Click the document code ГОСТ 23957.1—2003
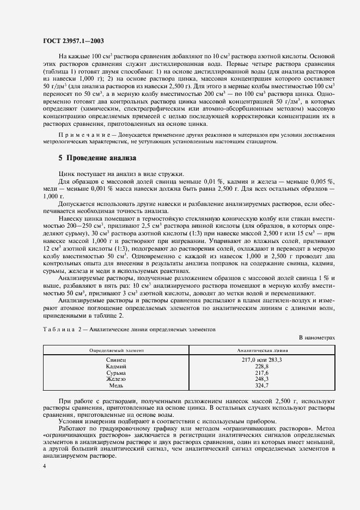click(x=74, y=40)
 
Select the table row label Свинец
click(x=116, y=361)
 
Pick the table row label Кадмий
click(x=116, y=367)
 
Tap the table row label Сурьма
click(x=116, y=373)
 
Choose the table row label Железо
click(x=116, y=379)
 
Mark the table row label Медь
click(x=116, y=385)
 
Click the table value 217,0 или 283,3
click(x=261, y=361)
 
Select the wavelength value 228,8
click(x=261, y=367)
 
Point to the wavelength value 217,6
click(x=261, y=373)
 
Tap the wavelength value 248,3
click(x=261, y=379)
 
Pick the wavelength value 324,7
click(x=261, y=385)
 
